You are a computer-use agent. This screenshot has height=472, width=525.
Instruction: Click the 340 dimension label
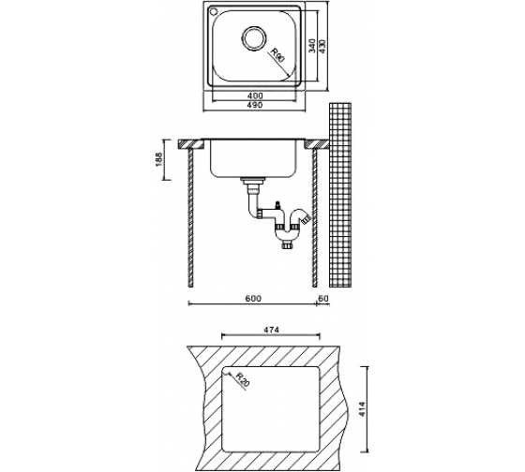[312, 46]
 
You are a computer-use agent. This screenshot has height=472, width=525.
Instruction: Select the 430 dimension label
[322, 46]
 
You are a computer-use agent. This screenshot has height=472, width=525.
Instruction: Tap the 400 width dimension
[255, 96]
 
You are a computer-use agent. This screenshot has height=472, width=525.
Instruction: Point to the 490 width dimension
[255, 105]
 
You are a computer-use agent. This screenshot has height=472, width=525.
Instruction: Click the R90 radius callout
[277, 55]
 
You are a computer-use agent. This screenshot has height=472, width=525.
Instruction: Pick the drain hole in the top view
[254, 37]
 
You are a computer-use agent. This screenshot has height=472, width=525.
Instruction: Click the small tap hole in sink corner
[213, 12]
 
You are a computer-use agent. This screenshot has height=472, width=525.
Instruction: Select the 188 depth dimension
[158, 159]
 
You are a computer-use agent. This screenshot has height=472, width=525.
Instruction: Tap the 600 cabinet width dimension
[253, 299]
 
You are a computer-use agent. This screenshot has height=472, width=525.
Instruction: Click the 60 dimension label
[323, 299]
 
